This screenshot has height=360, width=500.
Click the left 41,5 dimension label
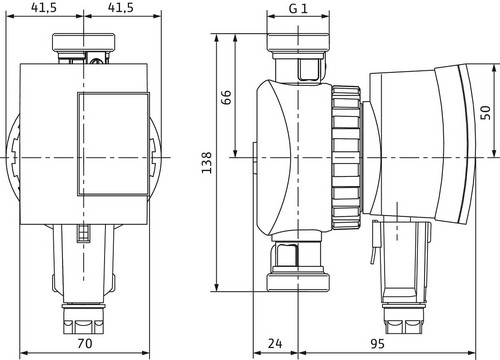44,7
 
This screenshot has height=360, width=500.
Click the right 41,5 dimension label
121,7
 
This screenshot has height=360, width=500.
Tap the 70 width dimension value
84,343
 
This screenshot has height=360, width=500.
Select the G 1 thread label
298,9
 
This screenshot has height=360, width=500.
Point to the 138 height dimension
207,162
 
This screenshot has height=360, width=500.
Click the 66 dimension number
226,97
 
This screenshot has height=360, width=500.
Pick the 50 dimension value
486,112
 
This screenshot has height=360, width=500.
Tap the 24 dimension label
275,343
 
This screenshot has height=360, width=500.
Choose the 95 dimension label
377,343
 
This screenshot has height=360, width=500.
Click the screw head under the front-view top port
97,61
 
